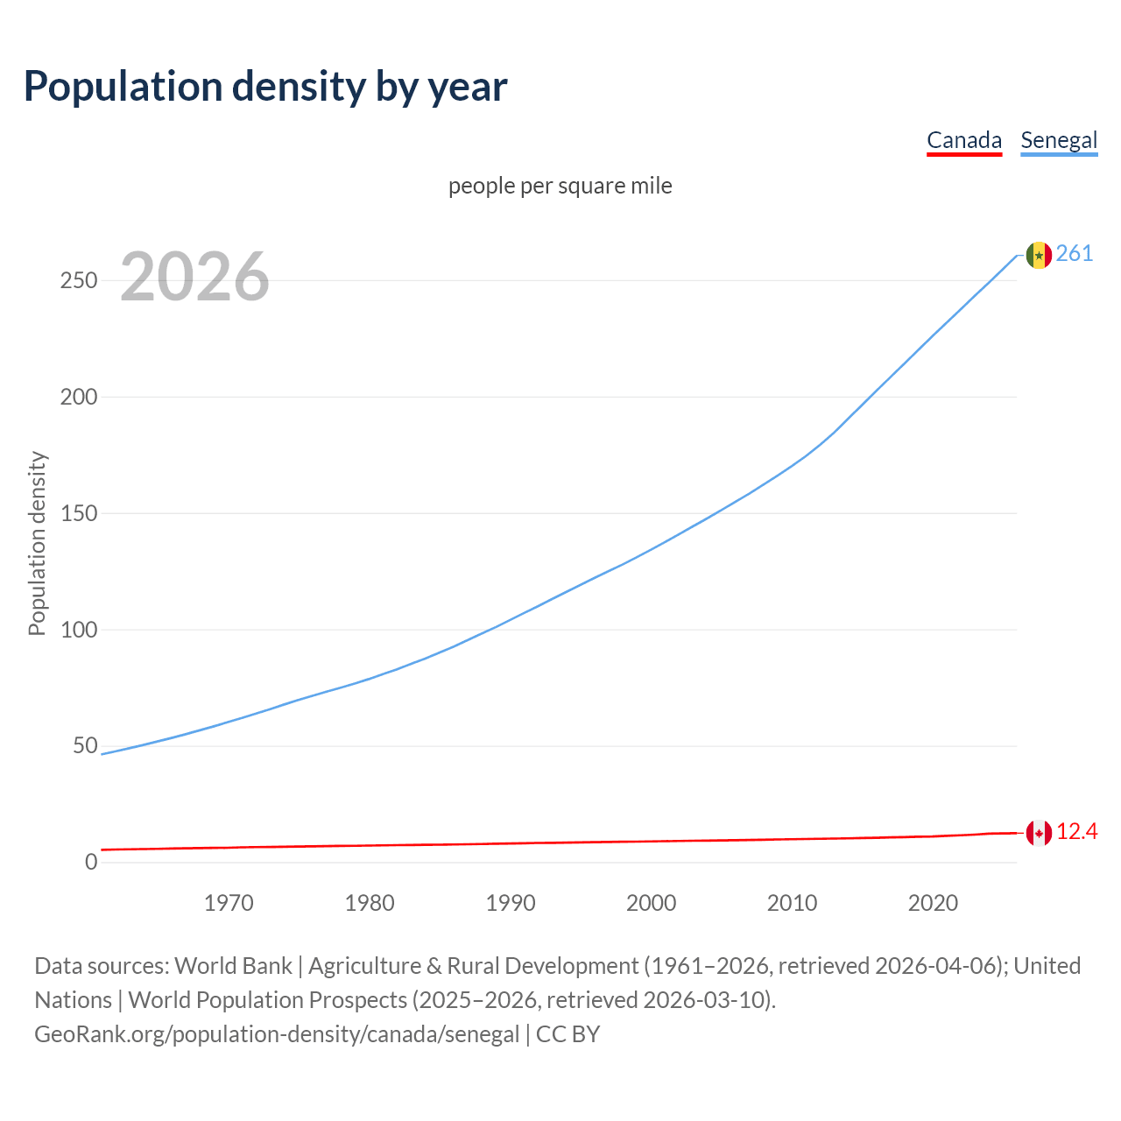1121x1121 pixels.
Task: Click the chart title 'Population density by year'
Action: pos(265,87)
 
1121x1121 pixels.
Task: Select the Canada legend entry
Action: pos(963,140)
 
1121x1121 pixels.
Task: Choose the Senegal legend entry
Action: pos(1059,140)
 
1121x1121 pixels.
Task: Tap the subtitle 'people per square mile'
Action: pos(560,186)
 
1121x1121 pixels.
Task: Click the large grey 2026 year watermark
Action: pos(194,277)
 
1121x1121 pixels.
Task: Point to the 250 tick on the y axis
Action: pos(78,281)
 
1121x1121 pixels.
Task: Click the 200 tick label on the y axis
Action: pos(78,397)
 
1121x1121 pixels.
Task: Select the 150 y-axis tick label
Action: pos(78,513)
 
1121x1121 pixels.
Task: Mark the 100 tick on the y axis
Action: pos(78,630)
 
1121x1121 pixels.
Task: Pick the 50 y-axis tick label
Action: pos(85,746)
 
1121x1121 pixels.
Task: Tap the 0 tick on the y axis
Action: pos(91,863)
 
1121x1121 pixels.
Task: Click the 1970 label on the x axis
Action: pos(229,903)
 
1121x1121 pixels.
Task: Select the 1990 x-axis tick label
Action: pos(511,903)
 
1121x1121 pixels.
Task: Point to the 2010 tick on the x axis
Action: pos(792,903)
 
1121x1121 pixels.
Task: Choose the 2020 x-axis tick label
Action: pos(933,903)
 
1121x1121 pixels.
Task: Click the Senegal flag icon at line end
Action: pos(1039,255)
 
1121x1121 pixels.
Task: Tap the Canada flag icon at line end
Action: pos(1039,833)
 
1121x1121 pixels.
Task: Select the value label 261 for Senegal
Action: pos(1075,254)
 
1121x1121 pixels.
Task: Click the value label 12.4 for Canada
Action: pos(1076,832)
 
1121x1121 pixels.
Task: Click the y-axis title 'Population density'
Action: pos(37,543)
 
